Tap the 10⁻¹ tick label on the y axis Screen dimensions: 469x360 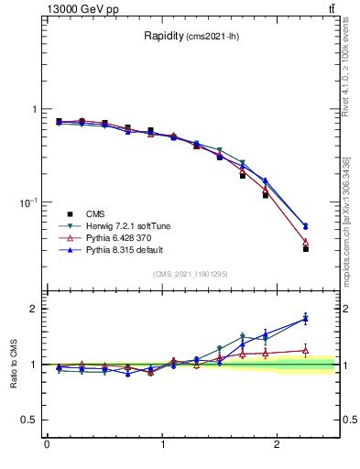(x=25, y=202)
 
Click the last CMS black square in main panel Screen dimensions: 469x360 (x=306, y=248)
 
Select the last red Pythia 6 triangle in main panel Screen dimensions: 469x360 (x=306, y=242)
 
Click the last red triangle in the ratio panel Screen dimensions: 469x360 (x=306, y=350)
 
